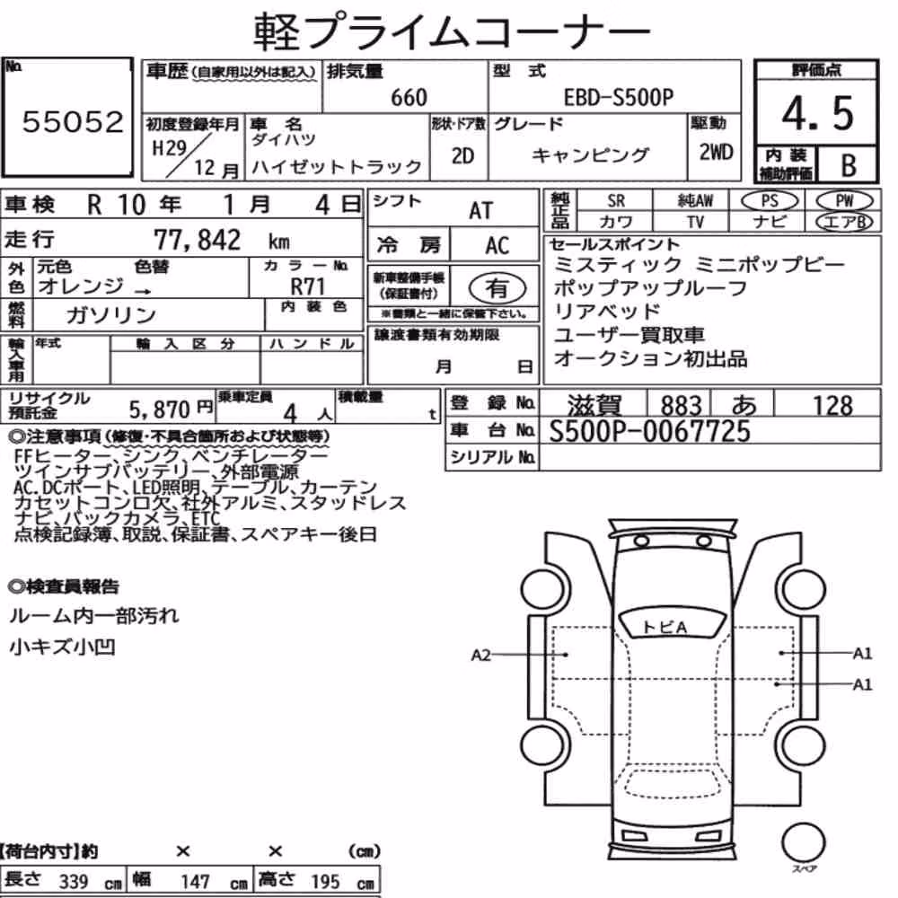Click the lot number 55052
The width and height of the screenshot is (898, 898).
[x=73, y=122]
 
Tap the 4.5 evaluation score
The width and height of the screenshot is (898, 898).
[x=817, y=113]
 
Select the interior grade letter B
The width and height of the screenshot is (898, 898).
[x=849, y=165]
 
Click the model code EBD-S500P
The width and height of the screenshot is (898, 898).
[x=619, y=97]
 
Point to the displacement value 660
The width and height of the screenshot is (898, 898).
[x=409, y=98]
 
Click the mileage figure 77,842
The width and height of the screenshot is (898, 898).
[x=197, y=240]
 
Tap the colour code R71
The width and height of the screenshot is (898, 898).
[x=307, y=286]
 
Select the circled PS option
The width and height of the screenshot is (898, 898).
[x=770, y=201]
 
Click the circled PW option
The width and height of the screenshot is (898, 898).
[x=844, y=201]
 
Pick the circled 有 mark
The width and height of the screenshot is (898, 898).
[x=497, y=288]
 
